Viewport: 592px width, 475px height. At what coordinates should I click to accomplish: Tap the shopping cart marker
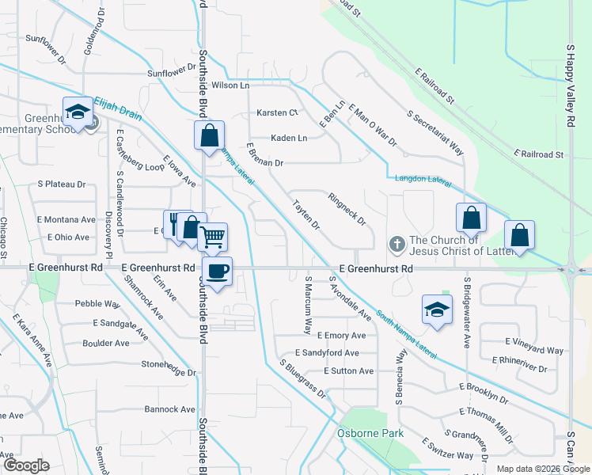tap(212, 237)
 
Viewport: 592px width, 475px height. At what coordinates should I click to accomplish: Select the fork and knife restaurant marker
tap(176, 225)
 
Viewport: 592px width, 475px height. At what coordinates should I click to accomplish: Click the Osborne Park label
tap(370, 433)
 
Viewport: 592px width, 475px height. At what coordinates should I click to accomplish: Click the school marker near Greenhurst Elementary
tap(78, 113)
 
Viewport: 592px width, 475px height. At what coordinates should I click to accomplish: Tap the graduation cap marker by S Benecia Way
tap(435, 310)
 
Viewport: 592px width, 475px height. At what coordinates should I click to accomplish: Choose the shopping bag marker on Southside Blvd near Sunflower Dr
tap(210, 135)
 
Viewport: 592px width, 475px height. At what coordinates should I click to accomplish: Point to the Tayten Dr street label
tap(305, 215)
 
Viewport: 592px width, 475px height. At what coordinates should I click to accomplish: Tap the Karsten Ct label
tap(276, 113)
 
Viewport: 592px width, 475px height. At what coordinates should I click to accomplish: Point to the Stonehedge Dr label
tap(169, 370)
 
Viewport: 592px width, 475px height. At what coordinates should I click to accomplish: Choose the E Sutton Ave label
tap(348, 370)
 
